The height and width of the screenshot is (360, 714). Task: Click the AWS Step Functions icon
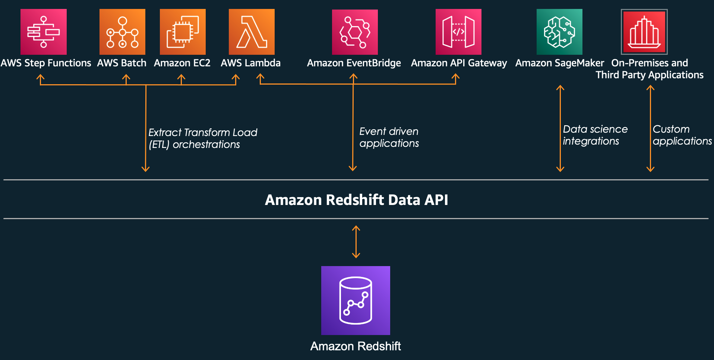click(44, 32)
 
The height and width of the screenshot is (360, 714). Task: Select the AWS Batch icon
click(122, 32)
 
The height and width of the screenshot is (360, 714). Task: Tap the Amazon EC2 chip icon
click(183, 32)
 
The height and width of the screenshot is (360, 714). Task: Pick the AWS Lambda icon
click(252, 32)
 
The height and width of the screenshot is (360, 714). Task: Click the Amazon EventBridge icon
click(355, 32)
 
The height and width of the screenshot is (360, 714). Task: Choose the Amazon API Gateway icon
click(458, 32)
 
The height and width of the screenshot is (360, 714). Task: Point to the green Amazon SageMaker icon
click(559, 32)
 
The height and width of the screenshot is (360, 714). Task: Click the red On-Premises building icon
click(644, 32)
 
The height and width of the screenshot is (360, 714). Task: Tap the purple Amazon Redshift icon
click(356, 300)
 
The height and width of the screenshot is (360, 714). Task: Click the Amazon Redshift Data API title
click(356, 200)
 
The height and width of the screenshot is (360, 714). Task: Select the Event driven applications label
click(389, 137)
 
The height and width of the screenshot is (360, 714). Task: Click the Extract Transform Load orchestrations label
click(203, 138)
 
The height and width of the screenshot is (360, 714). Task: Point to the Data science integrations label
click(595, 135)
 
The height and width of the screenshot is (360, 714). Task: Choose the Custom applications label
click(682, 135)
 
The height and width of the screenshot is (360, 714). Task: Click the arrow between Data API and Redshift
click(356, 242)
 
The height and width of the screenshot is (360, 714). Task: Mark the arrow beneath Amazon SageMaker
click(560, 129)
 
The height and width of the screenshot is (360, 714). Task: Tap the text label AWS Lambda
click(250, 63)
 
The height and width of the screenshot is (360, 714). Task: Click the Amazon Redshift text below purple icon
click(356, 346)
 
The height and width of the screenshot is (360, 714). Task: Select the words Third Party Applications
click(649, 75)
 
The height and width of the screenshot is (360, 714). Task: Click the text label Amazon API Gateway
click(459, 63)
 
